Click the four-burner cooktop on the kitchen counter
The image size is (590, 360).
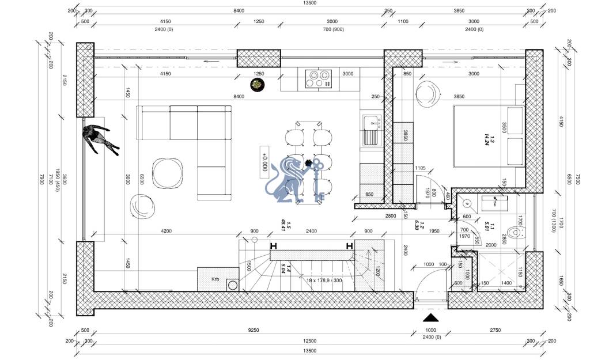(319, 78)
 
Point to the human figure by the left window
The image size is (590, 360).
(99, 139)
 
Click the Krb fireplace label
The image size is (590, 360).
(215, 279)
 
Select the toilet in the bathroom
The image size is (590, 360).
(521, 233)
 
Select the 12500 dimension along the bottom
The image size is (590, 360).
(310, 340)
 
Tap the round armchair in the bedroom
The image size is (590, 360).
(428, 93)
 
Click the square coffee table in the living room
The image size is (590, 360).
(166, 172)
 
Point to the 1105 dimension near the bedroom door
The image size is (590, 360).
(420, 168)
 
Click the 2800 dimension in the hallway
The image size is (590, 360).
(390, 215)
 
